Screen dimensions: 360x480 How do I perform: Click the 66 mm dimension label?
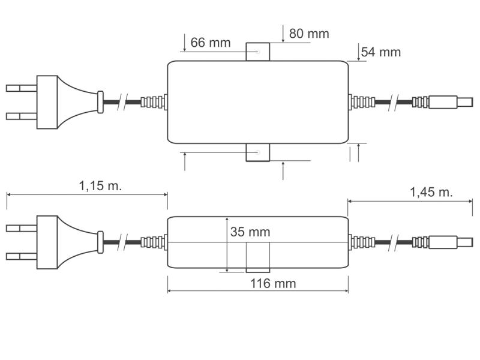[210, 43]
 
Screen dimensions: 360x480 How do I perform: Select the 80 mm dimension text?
[308, 34]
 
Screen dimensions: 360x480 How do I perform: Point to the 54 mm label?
[380, 52]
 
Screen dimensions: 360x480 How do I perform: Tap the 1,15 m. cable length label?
[100, 185]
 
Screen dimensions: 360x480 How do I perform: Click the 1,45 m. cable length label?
[431, 192]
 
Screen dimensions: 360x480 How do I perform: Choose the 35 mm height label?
[250, 232]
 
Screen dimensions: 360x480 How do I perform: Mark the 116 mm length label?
[272, 283]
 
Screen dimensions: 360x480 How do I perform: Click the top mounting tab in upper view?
[258, 52]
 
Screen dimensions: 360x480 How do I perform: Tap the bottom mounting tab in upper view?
[258, 152]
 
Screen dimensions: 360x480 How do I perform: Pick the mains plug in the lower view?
[60, 242]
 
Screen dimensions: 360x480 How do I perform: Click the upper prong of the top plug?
[22, 88]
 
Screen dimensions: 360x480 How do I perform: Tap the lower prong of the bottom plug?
[22, 257]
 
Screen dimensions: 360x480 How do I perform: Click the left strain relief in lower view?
[153, 242]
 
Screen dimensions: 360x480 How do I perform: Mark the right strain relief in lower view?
[361, 242]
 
